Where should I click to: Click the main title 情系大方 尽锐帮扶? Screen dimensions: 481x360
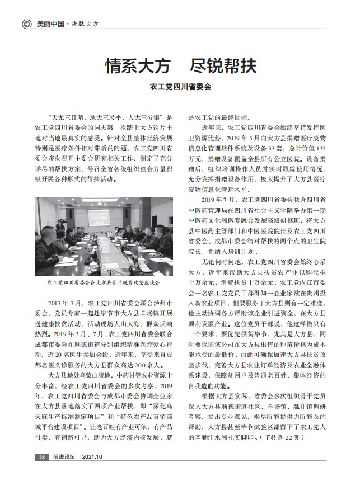pyautogui.click(x=181, y=66)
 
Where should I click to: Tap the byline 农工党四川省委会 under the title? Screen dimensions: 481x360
pyautogui.click(x=180, y=88)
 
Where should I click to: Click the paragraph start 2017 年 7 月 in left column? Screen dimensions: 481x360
pyautogui.click(x=67, y=303)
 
